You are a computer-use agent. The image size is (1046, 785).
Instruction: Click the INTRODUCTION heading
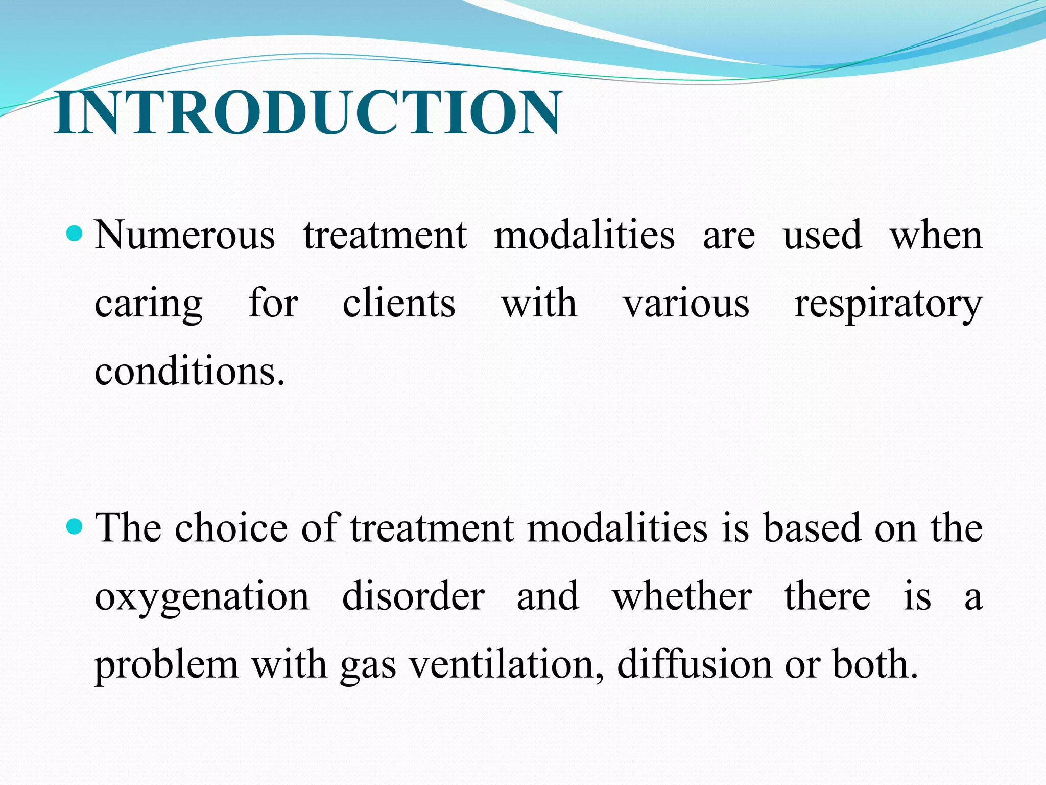307,113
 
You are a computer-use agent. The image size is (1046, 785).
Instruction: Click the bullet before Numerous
75,235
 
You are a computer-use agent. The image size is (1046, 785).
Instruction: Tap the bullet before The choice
75,526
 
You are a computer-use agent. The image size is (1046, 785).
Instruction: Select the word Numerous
185,236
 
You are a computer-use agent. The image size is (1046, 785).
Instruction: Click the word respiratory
888,305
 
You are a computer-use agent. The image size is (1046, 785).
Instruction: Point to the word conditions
189,372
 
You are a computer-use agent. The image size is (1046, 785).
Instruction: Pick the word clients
398,304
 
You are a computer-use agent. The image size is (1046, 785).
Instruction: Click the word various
686,305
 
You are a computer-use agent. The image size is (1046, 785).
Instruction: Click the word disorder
413,596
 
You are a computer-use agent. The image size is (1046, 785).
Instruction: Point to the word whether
682,596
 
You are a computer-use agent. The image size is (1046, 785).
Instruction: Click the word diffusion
695,664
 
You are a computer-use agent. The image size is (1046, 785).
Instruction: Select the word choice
231,527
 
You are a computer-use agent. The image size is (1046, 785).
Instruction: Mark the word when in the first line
936,236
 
